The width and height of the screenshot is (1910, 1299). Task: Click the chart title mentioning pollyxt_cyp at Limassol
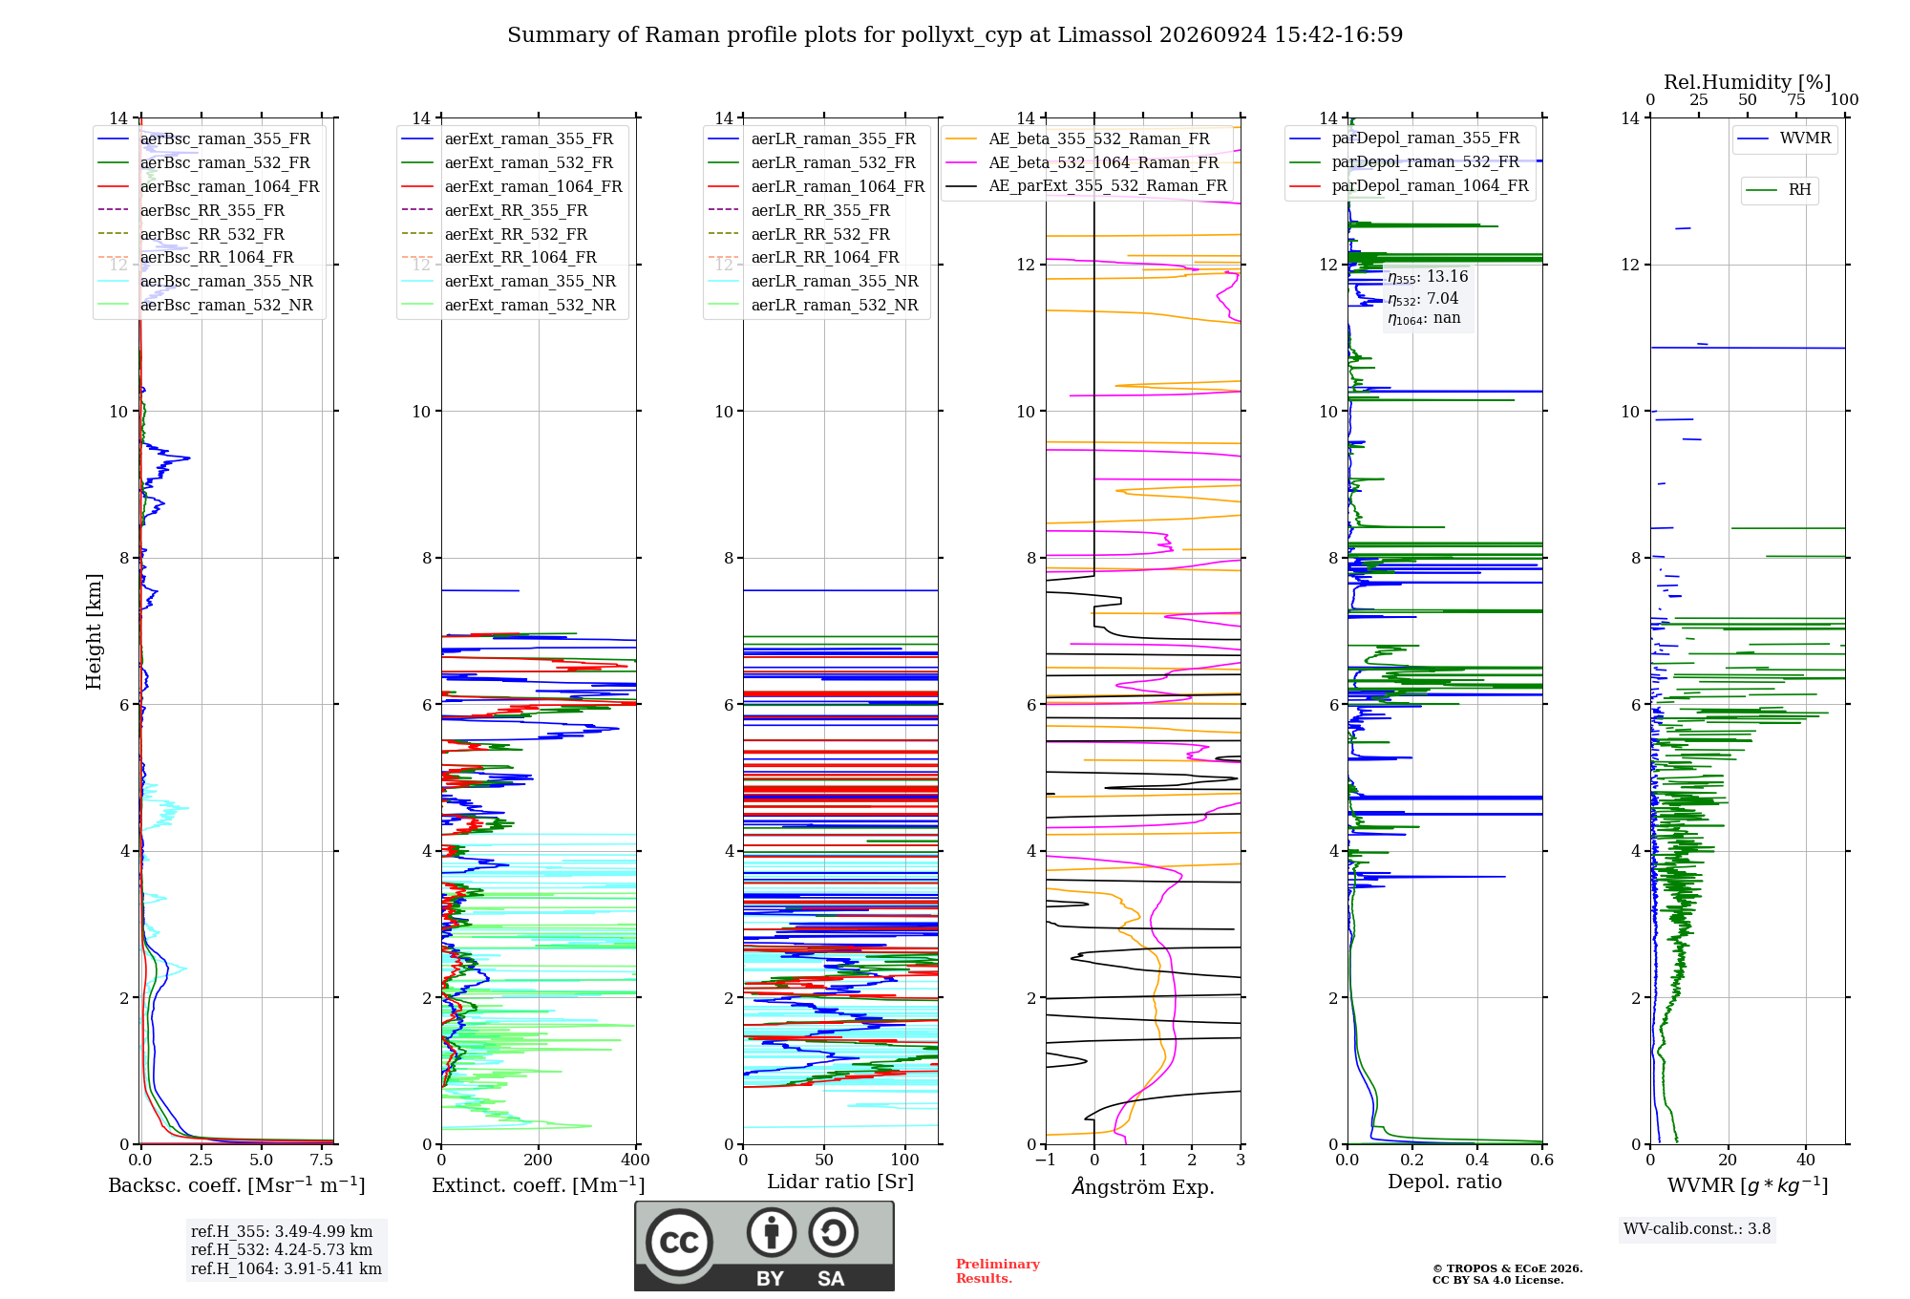[955, 35]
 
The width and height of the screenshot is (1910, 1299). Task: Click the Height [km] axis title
[94, 630]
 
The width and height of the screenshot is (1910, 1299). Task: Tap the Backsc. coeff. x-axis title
[237, 1184]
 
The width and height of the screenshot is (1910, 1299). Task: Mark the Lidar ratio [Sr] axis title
[840, 1182]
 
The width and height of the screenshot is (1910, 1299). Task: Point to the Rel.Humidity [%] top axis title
[1748, 82]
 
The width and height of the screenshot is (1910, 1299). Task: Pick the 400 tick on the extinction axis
[635, 1160]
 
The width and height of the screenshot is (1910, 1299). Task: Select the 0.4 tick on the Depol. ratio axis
[1477, 1160]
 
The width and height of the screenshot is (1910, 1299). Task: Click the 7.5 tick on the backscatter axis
[322, 1160]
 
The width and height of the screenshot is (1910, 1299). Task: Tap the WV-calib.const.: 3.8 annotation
[1697, 1228]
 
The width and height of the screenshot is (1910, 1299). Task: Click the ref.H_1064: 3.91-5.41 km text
[286, 1268]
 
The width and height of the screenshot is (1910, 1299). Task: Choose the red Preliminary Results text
[998, 1270]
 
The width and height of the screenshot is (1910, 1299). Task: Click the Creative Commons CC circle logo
[679, 1242]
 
